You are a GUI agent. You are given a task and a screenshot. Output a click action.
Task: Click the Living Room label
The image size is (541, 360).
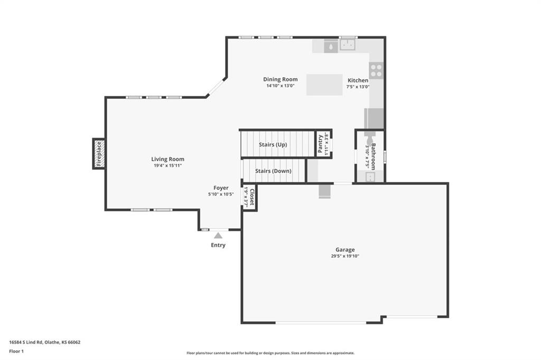pos(167,159)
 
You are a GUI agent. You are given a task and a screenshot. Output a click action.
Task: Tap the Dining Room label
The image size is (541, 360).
pos(280,79)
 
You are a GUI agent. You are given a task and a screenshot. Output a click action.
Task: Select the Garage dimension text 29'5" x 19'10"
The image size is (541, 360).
pos(345,256)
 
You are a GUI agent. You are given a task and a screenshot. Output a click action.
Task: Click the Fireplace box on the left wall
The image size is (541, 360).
pos(99,154)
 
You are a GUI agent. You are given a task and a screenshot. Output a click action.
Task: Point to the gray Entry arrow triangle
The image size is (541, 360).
pos(218,235)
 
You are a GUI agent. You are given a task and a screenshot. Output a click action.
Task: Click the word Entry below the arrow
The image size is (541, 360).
pos(218,245)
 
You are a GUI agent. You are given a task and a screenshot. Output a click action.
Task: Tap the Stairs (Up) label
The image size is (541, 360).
pos(273,145)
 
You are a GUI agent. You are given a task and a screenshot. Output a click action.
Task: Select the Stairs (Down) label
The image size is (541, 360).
pos(273,171)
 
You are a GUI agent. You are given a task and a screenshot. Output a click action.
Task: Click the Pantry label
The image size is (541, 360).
pos(320,144)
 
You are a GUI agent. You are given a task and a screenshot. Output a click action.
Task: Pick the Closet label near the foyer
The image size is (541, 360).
pos(252,197)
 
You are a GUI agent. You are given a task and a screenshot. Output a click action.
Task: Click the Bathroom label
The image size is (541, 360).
pos(373,156)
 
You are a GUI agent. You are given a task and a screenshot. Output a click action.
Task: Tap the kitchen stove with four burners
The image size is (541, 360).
pos(376,70)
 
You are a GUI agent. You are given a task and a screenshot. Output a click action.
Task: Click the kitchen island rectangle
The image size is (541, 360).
pos(324,85)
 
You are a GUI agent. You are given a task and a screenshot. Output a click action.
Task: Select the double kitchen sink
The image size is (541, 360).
pos(348,45)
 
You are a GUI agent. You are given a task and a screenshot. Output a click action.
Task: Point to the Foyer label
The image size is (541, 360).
pos(221,188)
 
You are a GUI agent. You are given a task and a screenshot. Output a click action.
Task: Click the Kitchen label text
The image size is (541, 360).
pos(358,80)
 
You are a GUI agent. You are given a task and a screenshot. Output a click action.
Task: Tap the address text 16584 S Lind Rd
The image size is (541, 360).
pos(26,343)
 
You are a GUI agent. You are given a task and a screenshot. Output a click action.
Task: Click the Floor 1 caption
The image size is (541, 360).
pos(16,352)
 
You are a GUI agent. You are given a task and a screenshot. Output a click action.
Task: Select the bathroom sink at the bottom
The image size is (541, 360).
pos(370,177)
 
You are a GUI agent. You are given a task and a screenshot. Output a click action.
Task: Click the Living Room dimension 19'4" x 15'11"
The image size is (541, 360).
pos(167,165)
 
